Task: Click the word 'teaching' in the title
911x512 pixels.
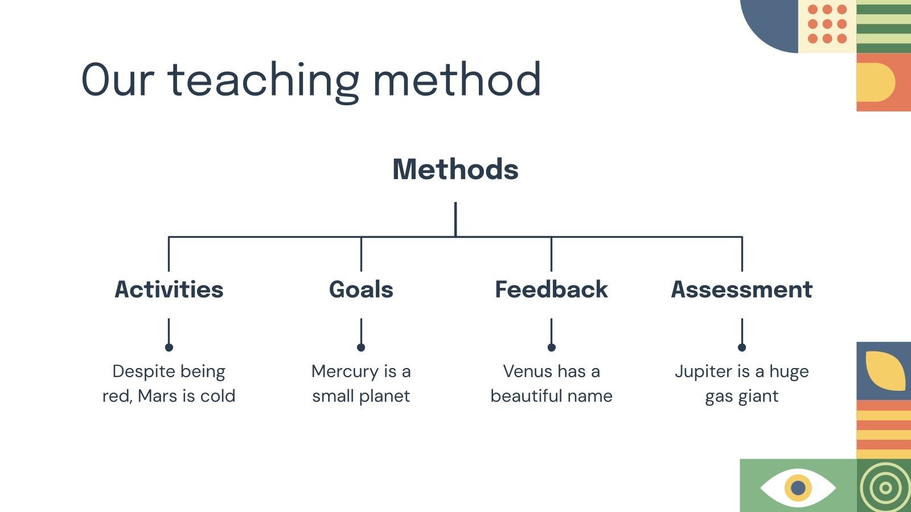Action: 264,81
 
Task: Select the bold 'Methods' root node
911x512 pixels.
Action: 455,169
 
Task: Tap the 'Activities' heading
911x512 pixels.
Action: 169,290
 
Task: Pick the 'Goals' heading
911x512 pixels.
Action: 361,290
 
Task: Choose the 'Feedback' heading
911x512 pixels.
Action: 552,290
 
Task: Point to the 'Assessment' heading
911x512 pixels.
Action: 742,290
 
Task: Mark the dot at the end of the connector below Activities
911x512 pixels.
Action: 169,348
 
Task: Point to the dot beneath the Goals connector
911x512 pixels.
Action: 361,348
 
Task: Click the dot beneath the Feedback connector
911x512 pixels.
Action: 552,348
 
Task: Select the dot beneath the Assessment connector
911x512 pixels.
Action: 742,348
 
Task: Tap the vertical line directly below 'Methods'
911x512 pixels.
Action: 455,220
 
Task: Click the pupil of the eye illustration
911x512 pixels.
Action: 798,488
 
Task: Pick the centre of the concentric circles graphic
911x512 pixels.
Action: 885,488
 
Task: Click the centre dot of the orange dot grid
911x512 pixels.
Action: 827,24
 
